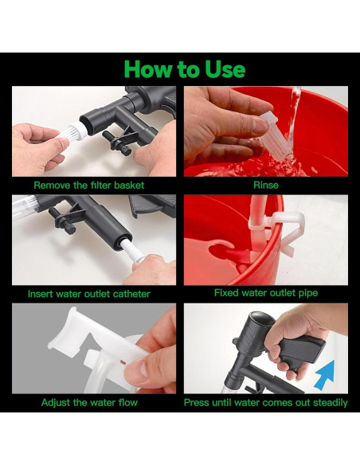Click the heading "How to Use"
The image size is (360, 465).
pyautogui.click(x=185, y=68)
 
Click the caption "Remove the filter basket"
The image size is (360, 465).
pyautogui.click(x=89, y=186)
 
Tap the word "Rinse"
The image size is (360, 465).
pyautogui.click(x=266, y=185)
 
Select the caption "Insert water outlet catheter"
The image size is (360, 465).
pyautogui.click(x=89, y=294)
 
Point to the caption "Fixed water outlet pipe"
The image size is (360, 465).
pyautogui.click(x=266, y=293)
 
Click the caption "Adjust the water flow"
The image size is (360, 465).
pyautogui.click(x=89, y=402)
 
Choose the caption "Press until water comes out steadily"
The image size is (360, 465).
pyautogui.click(x=266, y=403)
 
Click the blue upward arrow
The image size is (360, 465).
pyautogui.click(x=326, y=375)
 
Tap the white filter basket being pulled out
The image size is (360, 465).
pyautogui.click(x=74, y=131)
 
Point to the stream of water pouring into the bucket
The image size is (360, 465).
pyautogui.click(x=294, y=119)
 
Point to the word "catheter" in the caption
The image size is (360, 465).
pyautogui.click(x=131, y=294)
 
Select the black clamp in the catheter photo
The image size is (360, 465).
pyautogui.click(x=67, y=220)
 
